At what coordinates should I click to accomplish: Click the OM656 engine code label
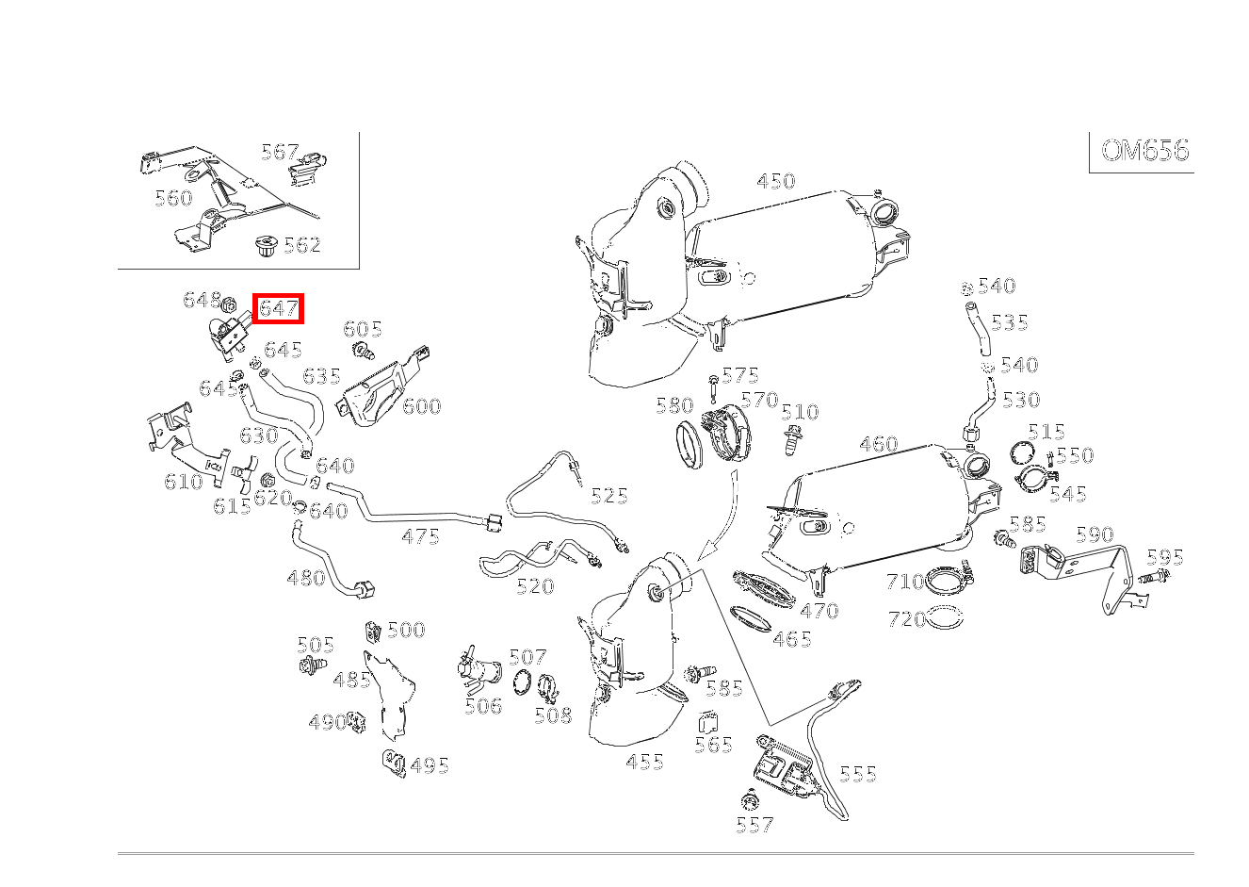click(1144, 151)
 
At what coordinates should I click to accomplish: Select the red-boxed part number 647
click(278, 308)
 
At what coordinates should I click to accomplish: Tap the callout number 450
click(776, 181)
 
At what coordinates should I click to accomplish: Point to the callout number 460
click(878, 444)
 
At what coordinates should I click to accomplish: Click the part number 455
click(644, 762)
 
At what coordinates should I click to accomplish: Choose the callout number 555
click(857, 774)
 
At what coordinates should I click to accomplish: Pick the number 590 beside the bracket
click(1094, 535)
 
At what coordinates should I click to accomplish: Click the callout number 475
click(420, 536)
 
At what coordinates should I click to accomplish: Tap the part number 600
click(421, 406)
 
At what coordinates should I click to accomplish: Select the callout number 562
click(301, 245)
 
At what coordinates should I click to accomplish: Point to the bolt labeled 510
click(790, 438)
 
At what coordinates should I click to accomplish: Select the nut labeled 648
click(229, 304)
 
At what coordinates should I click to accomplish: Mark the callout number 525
click(608, 496)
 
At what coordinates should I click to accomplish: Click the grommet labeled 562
click(265, 249)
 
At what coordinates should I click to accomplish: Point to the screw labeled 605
click(362, 353)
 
